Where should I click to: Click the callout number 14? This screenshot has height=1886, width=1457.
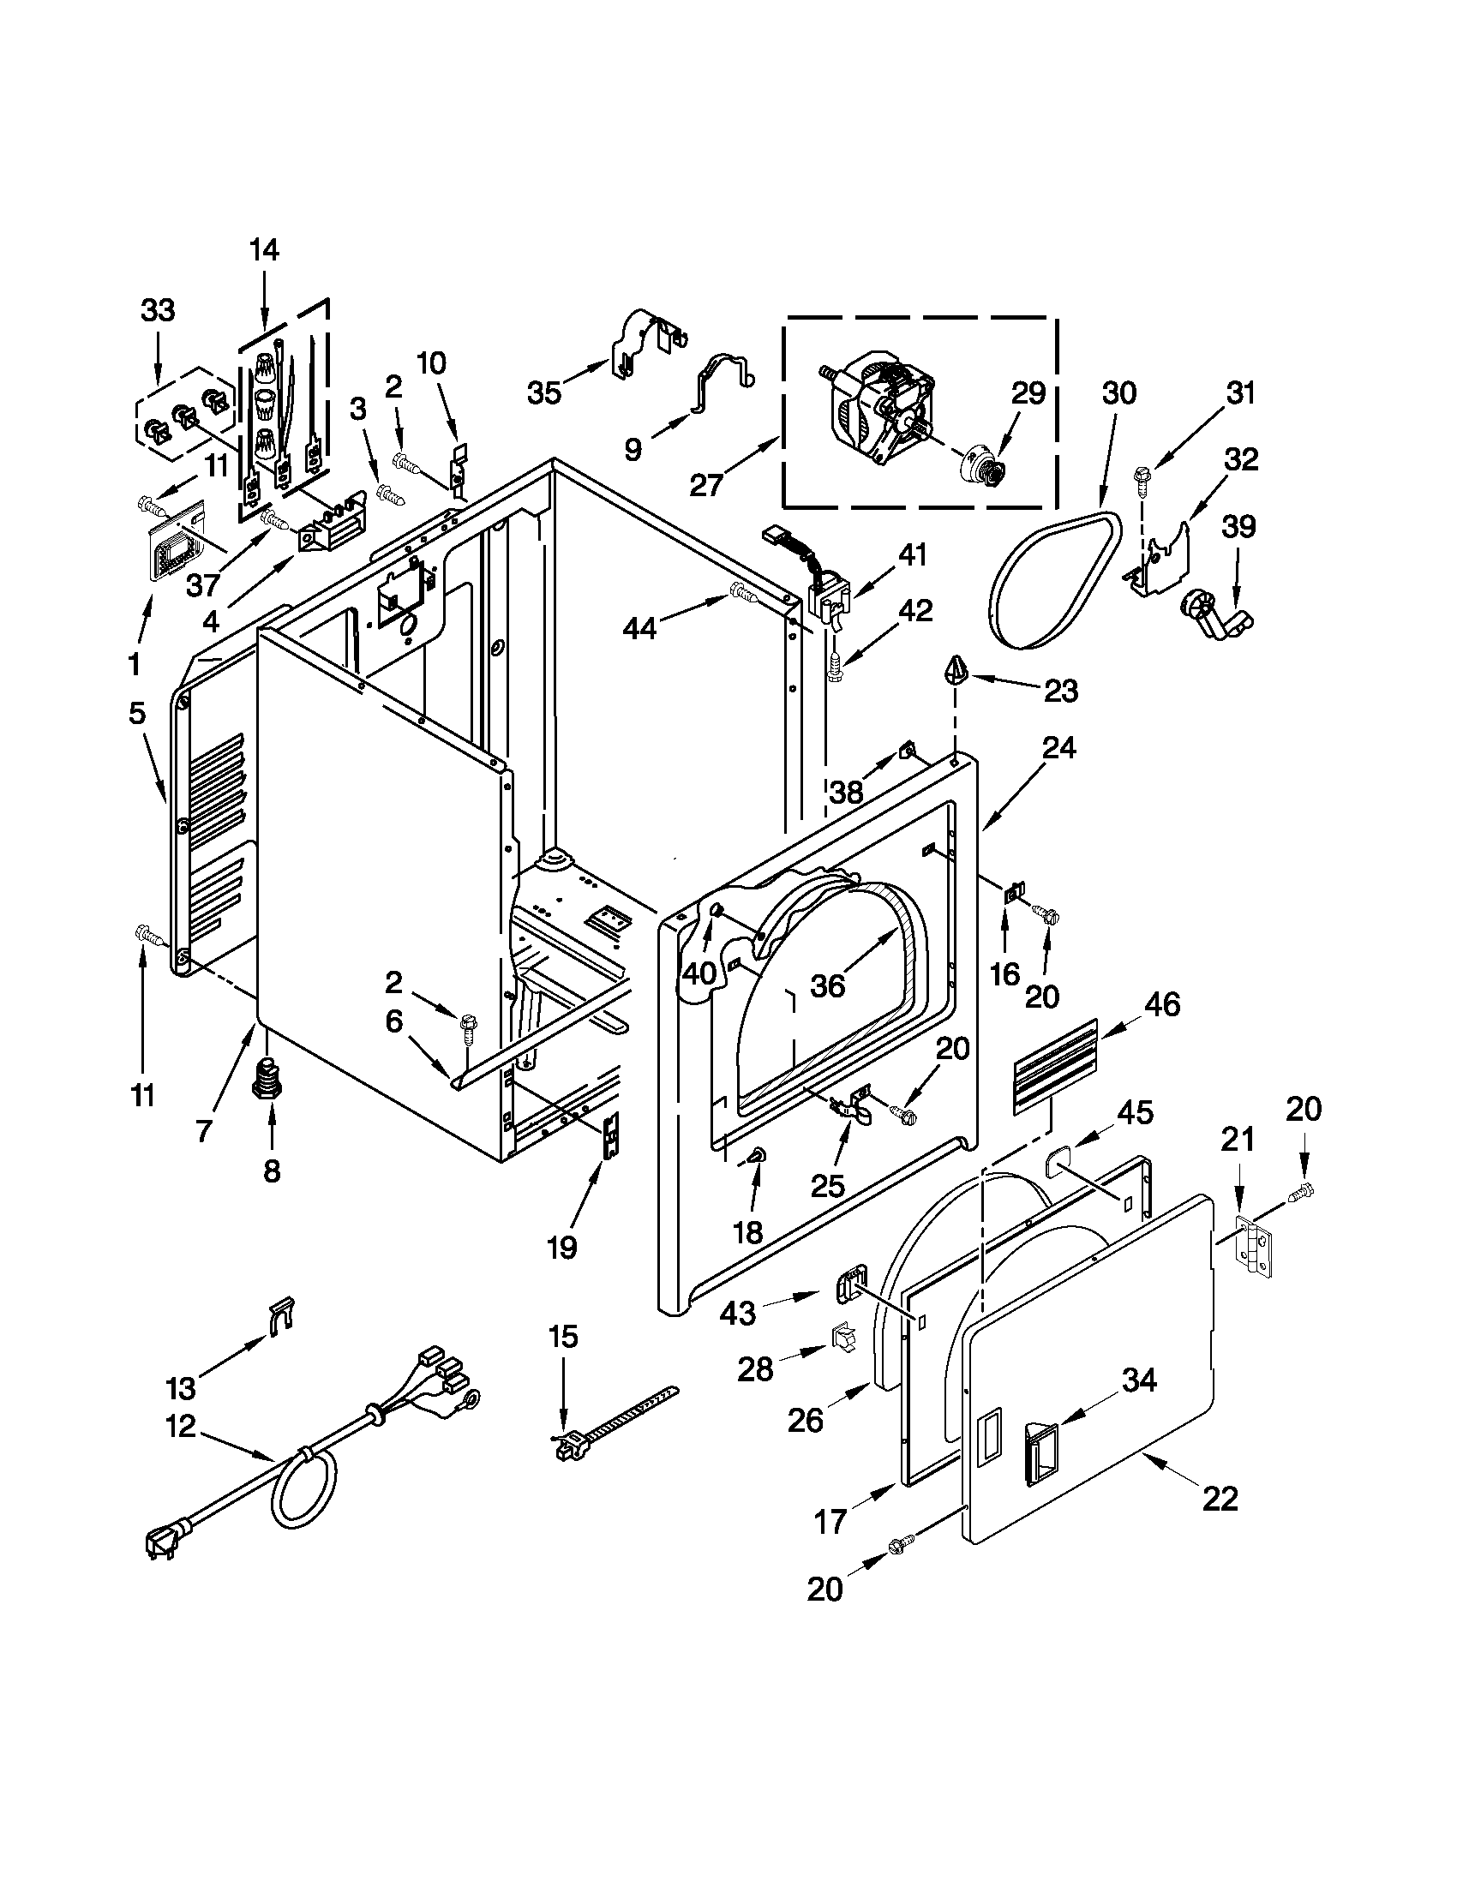click(264, 250)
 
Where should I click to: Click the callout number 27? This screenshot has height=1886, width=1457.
click(705, 485)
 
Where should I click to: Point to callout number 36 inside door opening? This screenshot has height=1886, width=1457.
click(826, 985)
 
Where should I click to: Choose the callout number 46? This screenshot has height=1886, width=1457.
click(1161, 1004)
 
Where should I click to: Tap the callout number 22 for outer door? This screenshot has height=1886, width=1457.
click(1220, 1499)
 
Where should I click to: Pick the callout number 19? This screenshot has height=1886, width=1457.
click(561, 1247)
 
